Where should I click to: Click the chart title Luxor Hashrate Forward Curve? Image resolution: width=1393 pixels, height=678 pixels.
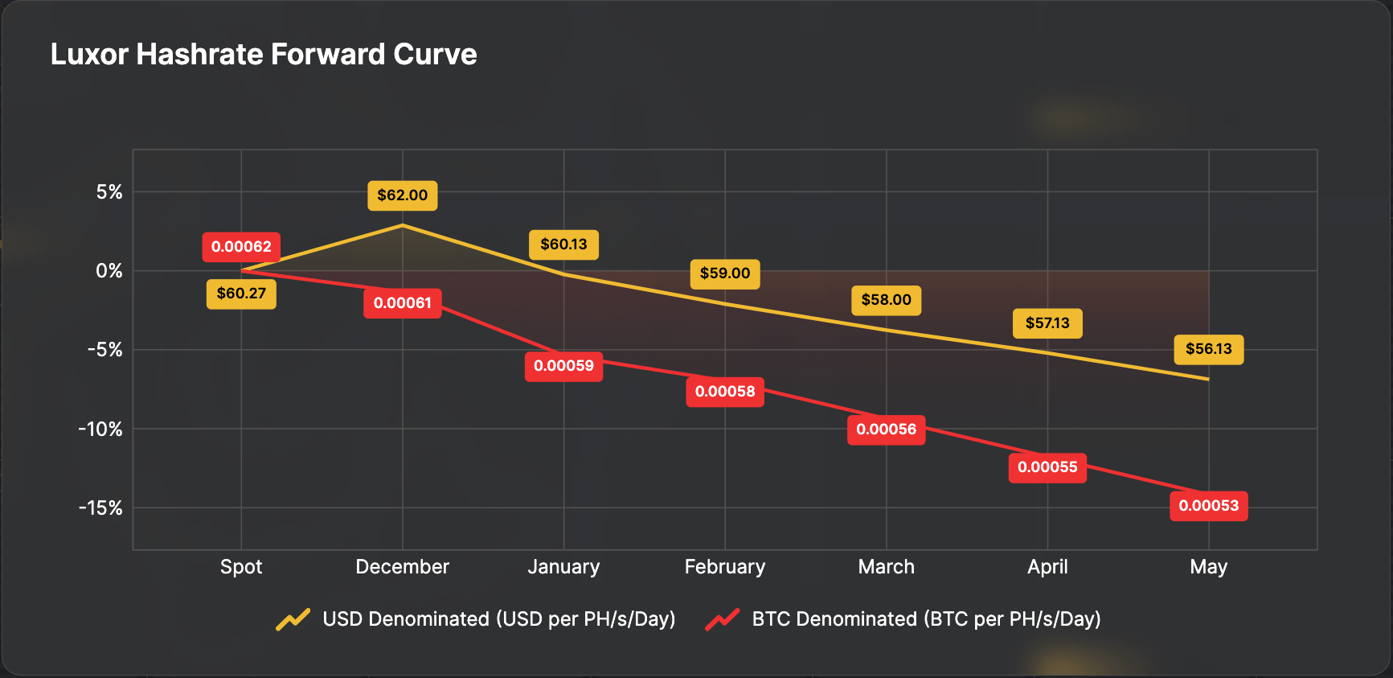[264, 55]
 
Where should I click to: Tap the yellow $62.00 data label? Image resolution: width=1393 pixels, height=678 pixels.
[403, 195]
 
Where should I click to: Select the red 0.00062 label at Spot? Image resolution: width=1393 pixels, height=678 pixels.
[241, 247]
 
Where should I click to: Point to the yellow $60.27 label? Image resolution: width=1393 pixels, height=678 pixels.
[241, 294]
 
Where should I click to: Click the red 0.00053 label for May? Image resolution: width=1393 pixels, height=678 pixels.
[1208, 506]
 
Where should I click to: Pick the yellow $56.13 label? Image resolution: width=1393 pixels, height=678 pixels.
[1208, 349]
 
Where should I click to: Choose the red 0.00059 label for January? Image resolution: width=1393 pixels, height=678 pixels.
[563, 366]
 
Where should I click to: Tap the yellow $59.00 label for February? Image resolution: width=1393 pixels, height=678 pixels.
[725, 273]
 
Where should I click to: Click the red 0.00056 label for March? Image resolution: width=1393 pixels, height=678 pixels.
[886, 429]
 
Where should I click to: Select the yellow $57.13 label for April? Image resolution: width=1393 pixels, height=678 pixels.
[1047, 323]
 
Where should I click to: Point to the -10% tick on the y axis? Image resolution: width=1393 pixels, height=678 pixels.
[100, 429]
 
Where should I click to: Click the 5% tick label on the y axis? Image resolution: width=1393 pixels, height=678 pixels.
[109, 192]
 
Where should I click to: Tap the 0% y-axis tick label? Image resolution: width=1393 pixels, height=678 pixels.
[109, 271]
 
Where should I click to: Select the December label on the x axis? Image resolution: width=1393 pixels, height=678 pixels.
[403, 567]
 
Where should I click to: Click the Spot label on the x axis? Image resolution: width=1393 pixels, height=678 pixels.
[241, 567]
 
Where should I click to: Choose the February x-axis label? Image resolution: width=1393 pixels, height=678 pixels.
[725, 567]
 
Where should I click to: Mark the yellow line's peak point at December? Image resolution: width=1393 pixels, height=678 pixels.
[403, 225]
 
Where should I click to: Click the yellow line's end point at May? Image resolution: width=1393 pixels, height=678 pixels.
[1208, 379]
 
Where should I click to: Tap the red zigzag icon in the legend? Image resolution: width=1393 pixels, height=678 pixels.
[723, 619]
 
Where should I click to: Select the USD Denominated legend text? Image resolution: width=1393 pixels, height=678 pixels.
[498, 619]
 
